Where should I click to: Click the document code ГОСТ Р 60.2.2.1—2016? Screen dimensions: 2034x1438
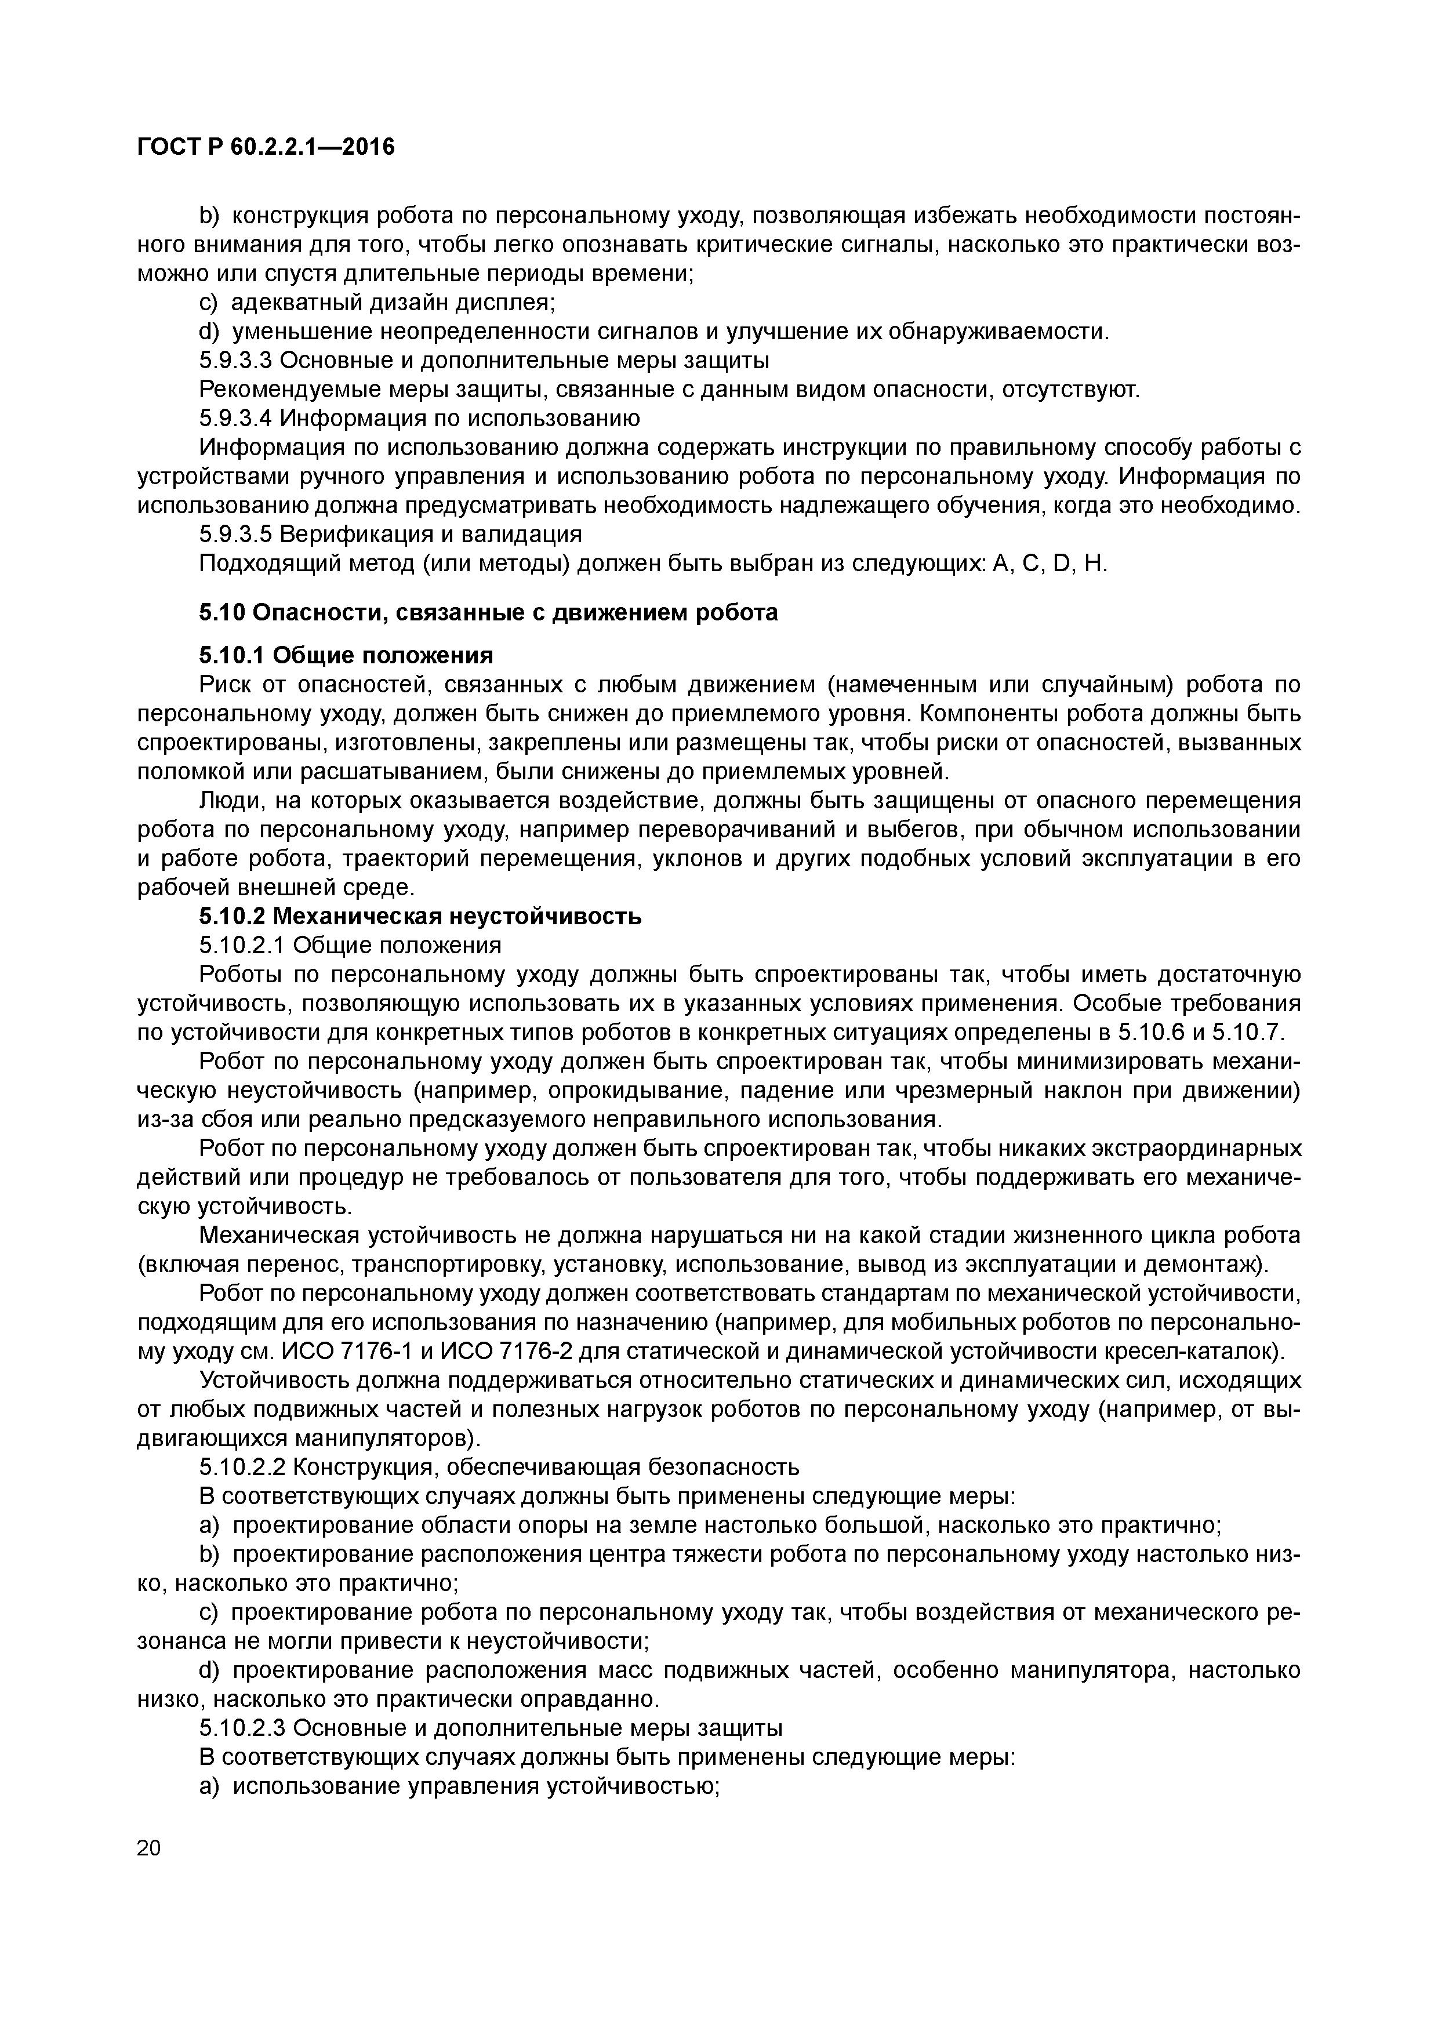(x=266, y=147)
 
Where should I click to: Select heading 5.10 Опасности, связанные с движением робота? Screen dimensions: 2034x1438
(x=487, y=612)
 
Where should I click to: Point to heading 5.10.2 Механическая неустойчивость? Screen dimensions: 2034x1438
(x=420, y=916)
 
